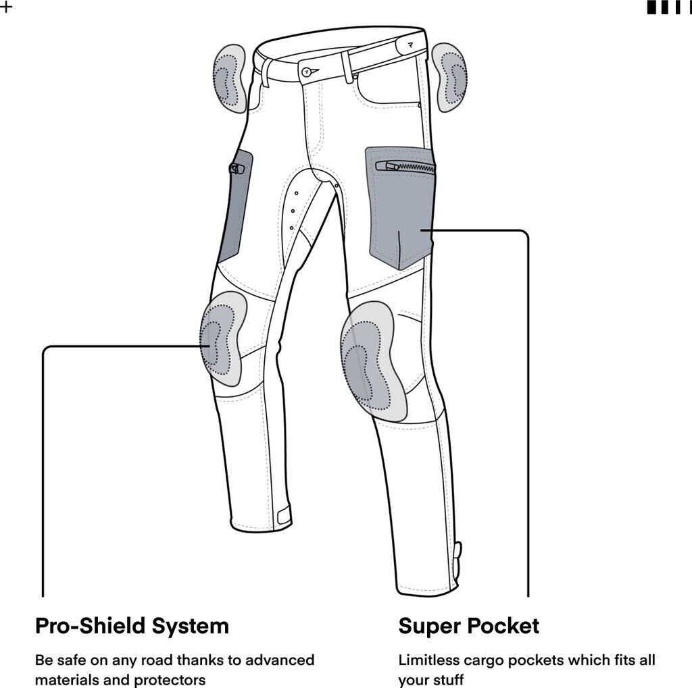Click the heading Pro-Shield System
pos(132,626)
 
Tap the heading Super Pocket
pos(468,626)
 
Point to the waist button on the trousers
pos(309,70)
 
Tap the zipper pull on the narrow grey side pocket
pos(236,169)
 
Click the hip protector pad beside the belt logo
pos(449,76)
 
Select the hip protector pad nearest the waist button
pos(230,78)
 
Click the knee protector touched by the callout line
pos(222,339)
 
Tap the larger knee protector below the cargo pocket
pos(372,361)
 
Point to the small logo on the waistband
pos(412,45)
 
